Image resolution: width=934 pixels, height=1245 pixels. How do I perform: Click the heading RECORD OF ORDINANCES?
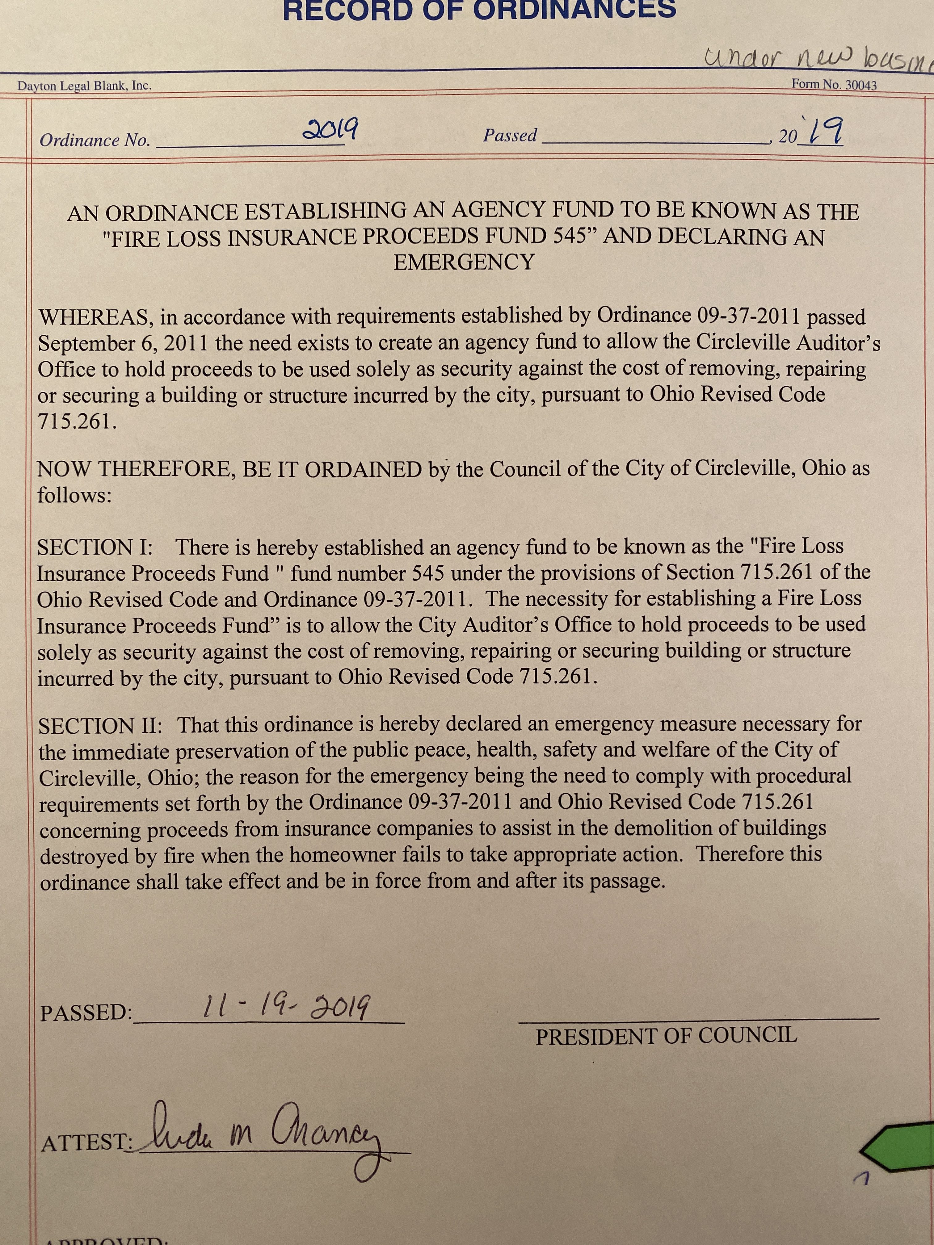tap(479, 10)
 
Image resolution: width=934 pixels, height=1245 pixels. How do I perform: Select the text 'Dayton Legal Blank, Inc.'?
tap(84, 86)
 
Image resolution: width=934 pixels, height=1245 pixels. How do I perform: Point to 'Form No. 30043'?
tap(834, 84)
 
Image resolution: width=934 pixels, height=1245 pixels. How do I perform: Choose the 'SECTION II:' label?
tap(100, 726)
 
